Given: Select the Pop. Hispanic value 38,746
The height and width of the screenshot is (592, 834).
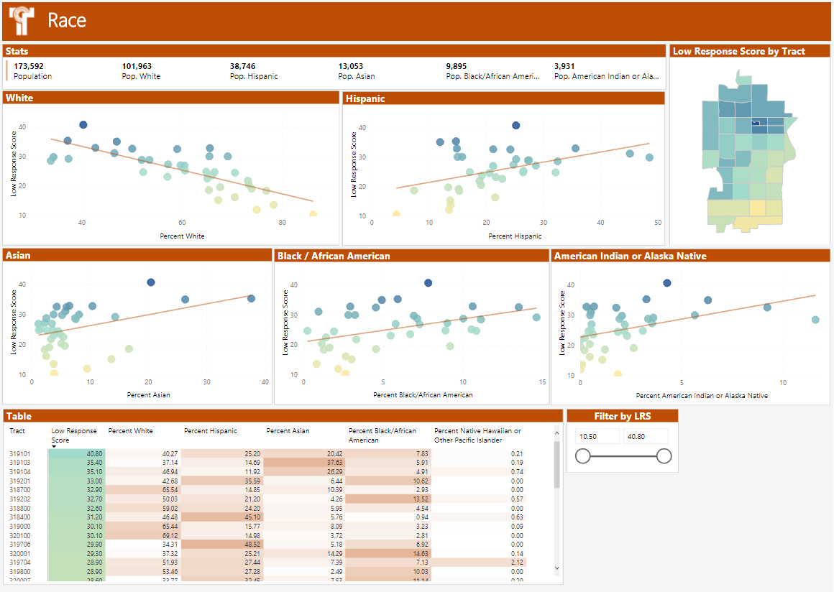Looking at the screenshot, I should [246, 66].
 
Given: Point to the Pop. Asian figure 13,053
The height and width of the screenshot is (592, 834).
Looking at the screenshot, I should [354, 66].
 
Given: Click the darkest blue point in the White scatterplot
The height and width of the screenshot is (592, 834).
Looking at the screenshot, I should [83, 125].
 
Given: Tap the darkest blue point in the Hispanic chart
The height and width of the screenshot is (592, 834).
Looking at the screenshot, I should [516, 125].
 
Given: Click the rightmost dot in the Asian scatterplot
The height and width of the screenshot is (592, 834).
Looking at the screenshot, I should [252, 298].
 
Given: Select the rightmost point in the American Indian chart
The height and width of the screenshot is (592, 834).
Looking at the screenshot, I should [815, 320].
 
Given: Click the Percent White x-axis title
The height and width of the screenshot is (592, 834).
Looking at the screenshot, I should [185, 236].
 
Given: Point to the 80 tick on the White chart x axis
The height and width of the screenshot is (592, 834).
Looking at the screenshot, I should [283, 223].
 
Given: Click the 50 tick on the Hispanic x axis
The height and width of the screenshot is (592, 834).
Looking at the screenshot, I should [657, 223].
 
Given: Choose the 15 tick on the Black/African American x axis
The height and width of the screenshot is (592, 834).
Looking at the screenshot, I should [542, 382].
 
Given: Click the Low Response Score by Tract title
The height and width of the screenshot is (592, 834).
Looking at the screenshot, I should [739, 52].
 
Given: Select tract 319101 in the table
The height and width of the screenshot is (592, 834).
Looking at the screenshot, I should [19, 454].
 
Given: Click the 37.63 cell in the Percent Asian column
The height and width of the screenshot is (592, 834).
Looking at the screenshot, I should [334, 463].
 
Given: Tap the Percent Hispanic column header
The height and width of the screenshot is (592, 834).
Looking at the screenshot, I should [211, 431].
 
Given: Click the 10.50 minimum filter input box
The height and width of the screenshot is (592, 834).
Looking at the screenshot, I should [597, 436].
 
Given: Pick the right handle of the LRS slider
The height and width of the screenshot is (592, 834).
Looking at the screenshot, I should [664, 455].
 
